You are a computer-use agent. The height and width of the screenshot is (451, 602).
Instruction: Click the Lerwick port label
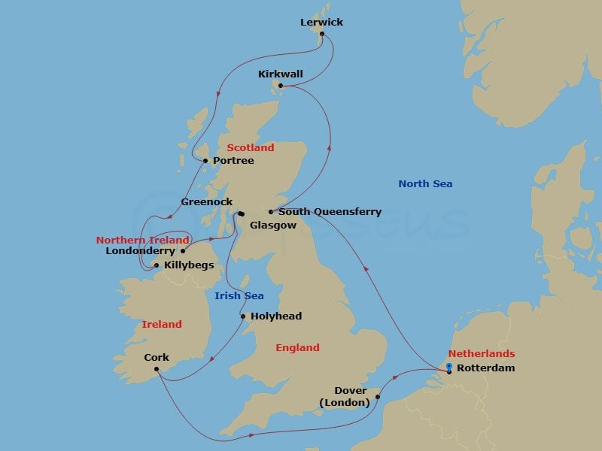(321, 22)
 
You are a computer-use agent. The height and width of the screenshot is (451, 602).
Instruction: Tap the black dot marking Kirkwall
(281, 86)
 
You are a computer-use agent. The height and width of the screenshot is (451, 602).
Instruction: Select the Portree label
(233, 161)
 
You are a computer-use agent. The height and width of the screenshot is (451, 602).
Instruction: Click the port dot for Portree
(205, 161)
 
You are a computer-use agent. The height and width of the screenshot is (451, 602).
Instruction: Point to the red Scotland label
(251, 147)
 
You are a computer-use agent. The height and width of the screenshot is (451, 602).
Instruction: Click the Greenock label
(207, 202)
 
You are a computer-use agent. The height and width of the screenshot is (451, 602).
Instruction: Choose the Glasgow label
(273, 225)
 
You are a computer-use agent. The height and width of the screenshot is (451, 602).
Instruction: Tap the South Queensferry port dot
(271, 212)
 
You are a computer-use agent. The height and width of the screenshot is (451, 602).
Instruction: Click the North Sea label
(425, 183)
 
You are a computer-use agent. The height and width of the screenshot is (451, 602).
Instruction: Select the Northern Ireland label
(142, 240)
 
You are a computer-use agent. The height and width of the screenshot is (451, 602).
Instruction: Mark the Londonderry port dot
(183, 251)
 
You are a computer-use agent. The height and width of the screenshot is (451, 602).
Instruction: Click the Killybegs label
(189, 265)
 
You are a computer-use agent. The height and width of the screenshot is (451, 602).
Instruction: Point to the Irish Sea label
(239, 295)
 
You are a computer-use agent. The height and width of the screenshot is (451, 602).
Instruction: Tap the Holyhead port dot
(243, 316)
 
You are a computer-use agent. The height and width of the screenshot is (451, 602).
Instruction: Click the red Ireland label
(162, 324)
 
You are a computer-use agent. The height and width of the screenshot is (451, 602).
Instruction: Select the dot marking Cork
(157, 368)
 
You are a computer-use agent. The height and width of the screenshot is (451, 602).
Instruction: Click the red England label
(297, 347)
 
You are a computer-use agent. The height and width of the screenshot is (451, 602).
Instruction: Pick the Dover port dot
(378, 397)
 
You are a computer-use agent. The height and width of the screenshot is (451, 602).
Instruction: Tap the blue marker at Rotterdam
(449, 367)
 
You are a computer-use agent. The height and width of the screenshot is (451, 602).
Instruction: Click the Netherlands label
(482, 353)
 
